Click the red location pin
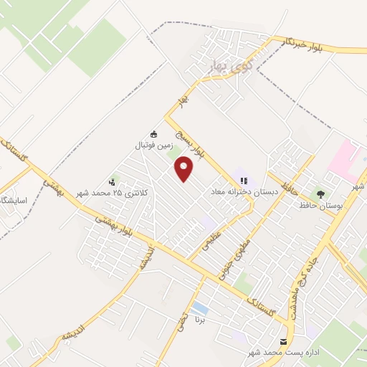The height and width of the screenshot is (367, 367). click(184, 169)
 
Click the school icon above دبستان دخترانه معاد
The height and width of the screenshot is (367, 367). click(244, 181)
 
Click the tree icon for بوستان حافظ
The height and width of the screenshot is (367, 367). click(320, 194)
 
